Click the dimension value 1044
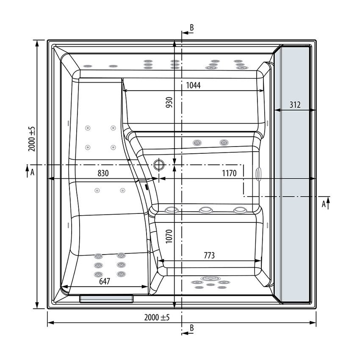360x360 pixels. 193,85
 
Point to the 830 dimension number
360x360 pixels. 103,173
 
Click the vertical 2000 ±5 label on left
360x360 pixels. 31,139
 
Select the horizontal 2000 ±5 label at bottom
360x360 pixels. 157,318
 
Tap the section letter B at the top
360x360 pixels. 192,28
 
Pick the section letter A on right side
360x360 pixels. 324,204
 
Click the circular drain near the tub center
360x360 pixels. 159,164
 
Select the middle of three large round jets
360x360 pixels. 206,210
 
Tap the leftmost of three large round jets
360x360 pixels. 171,210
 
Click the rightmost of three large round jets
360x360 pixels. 240,210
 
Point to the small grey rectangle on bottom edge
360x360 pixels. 106,299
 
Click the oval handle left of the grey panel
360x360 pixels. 259,174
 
